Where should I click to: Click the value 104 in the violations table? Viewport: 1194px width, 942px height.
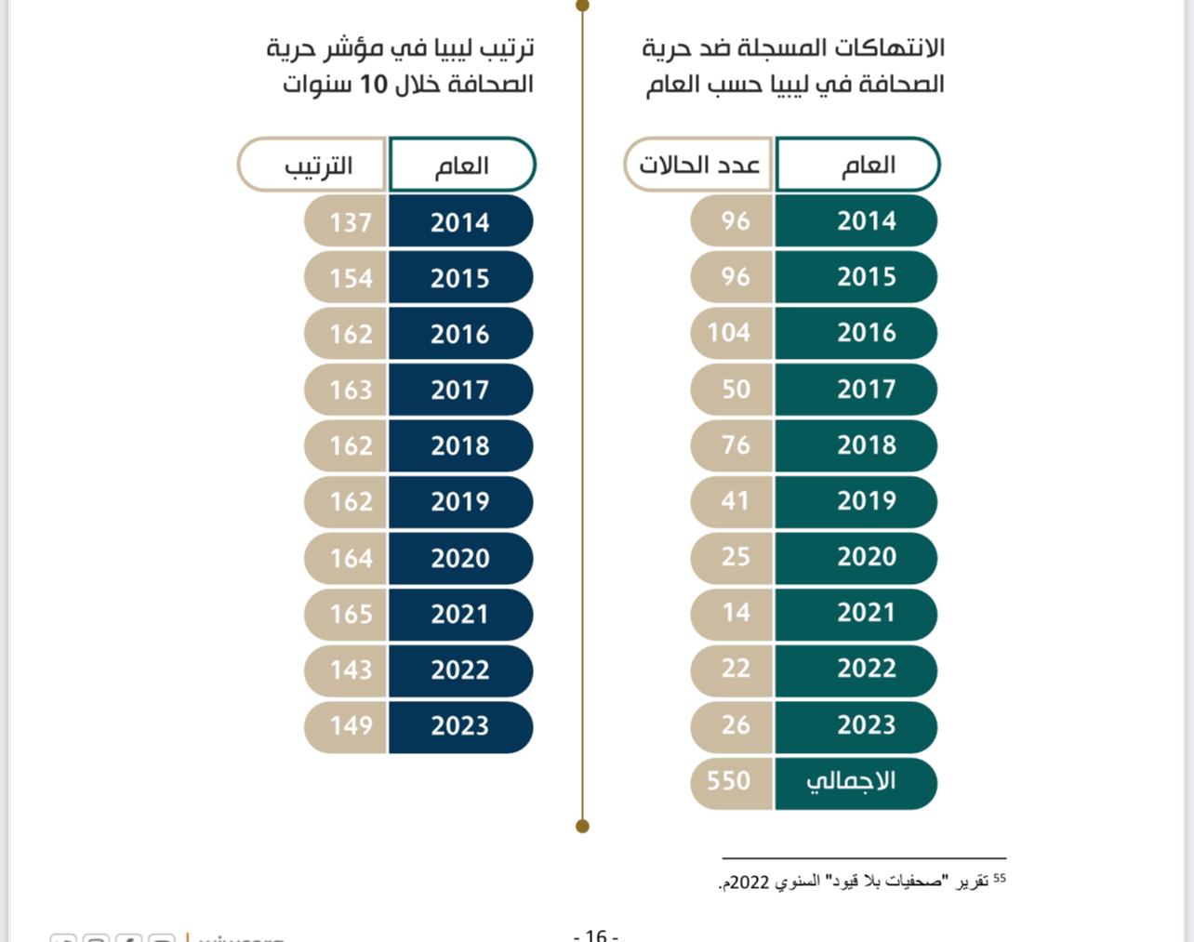click(729, 333)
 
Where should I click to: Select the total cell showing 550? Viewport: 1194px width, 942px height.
click(729, 781)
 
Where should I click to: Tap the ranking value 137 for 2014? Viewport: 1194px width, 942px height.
click(350, 222)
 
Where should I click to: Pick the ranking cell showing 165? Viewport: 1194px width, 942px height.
click(350, 614)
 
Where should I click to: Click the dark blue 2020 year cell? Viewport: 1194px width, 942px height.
click(460, 558)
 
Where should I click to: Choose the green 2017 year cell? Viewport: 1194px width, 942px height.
click(866, 389)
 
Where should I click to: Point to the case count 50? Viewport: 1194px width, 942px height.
click(735, 389)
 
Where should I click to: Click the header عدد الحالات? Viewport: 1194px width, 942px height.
click(699, 166)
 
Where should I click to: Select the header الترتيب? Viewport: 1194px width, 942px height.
click(318, 166)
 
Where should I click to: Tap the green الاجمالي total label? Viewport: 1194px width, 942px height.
click(851, 781)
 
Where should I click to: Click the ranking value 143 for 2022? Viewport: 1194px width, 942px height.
click(350, 670)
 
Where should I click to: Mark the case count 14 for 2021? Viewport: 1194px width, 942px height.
click(735, 613)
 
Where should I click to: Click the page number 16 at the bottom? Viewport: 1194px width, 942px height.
click(596, 935)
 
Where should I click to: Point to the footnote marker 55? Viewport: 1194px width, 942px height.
click(999, 877)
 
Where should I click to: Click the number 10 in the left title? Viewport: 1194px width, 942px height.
click(373, 85)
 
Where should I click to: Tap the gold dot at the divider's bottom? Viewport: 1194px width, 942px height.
click(583, 826)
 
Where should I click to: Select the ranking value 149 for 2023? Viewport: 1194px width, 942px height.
click(350, 725)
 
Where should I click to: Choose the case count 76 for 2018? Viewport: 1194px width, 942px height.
click(735, 444)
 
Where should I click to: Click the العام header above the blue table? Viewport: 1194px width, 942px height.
click(461, 166)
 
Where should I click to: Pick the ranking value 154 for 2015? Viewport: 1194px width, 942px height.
click(350, 278)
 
